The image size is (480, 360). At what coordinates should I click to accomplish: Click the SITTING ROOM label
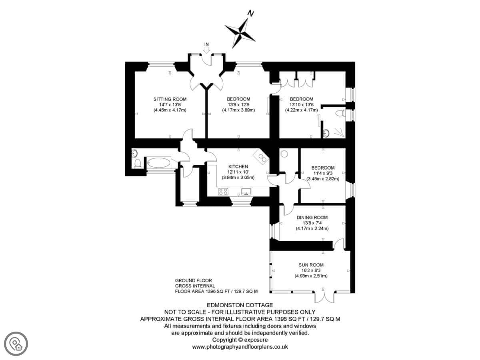point(170,99)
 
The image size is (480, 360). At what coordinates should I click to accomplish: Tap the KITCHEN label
point(238,166)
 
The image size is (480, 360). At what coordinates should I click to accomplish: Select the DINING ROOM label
point(312,218)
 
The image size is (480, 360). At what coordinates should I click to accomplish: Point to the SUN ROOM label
point(311,265)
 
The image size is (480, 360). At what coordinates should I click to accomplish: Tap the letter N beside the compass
point(251,14)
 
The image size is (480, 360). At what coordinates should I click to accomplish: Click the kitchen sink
point(245,191)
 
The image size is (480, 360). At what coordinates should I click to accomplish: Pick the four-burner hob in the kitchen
point(223,192)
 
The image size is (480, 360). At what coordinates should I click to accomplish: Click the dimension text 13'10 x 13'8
point(301,104)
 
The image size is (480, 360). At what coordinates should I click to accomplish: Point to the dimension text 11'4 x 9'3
point(323,173)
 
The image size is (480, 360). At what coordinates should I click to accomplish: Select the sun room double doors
point(324,297)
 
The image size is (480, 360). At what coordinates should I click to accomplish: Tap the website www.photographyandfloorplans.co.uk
point(240,347)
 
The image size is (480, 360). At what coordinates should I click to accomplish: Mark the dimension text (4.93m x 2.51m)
point(311,276)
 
